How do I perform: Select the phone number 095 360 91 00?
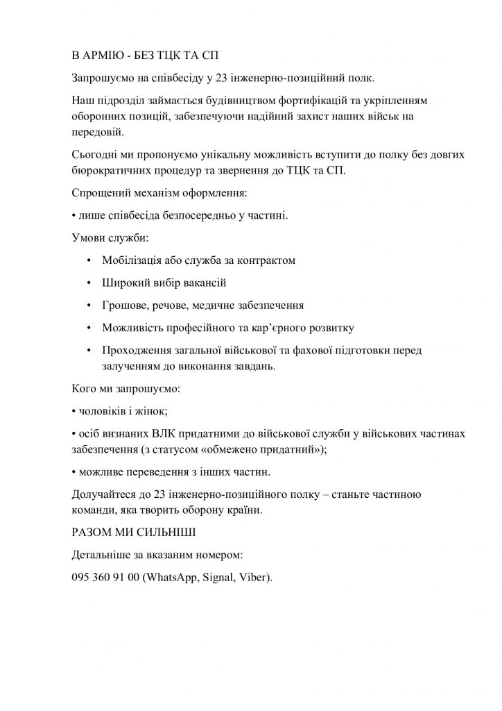[105, 577]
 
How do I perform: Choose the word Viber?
[253, 577]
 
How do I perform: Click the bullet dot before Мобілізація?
[89, 261]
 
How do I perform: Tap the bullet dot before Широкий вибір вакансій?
[89, 283]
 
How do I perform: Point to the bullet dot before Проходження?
[89, 349]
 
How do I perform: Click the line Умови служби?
[110, 238]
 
